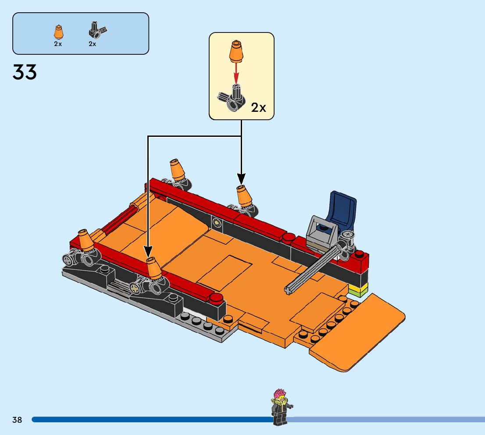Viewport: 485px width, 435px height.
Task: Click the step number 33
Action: click(25, 72)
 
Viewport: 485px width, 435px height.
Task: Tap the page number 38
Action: click(17, 420)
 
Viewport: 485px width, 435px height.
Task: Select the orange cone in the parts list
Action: click(58, 33)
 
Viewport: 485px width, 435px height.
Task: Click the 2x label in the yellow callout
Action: click(258, 107)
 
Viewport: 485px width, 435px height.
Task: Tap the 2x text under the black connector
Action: click(92, 44)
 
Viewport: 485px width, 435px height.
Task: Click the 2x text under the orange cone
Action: click(58, 44)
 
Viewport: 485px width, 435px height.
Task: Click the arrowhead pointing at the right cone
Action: click(241, 178)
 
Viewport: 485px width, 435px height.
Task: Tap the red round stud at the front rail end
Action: click(215, 299)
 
